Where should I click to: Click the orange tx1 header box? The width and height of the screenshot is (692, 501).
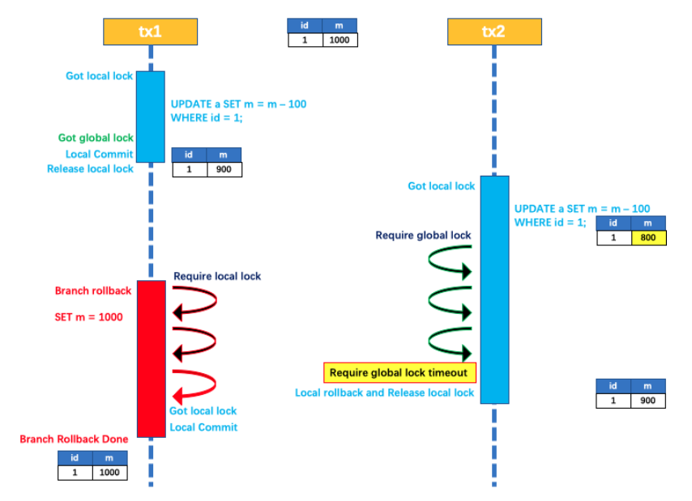[x=150, y=32]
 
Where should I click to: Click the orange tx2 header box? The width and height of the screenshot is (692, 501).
[x=494, y=32]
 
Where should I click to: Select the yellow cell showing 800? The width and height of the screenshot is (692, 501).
[x=647, y=237]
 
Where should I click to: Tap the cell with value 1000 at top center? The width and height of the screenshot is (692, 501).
[x=340, y=40]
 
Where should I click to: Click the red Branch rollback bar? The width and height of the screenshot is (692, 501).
[x=151, y=358]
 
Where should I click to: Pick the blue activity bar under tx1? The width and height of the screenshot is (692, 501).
[x=150, y=117]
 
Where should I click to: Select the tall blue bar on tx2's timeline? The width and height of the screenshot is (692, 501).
[x=494, y=289]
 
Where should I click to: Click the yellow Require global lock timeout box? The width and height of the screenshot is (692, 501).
[x=399, y=372]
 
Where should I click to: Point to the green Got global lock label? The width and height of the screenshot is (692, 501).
[x=96, y=138]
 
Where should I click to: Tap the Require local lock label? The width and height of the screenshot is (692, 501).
[x=217, y=277]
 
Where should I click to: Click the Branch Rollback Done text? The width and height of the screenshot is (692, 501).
[x=74, y=439]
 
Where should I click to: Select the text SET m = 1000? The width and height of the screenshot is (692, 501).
[x=89, y=317]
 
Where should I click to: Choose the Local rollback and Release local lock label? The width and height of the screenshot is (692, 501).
[x=384, y=393]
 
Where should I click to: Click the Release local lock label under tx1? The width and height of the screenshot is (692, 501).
[x=90, y=169]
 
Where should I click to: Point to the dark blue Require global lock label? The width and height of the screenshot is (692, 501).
[x=423, y=236]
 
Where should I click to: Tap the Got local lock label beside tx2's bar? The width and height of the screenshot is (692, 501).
[x=441, y=186]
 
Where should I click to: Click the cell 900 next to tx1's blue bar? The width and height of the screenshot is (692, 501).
[x=224, y=169]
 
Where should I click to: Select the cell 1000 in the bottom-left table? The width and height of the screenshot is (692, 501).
[x=109, y=473]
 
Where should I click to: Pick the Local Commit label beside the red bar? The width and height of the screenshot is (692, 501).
[x=203, y=427]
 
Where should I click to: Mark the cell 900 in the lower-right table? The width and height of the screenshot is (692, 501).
[x=647, y=401]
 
